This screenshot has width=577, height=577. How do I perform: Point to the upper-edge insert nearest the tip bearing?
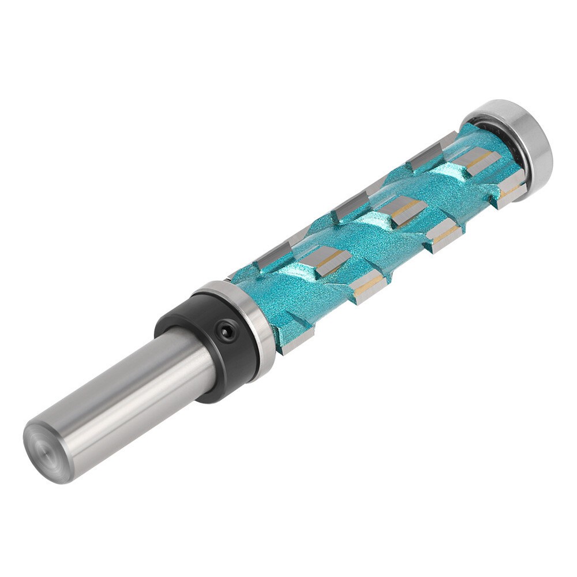tap(430, 147)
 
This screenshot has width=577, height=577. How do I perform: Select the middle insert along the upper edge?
tap(352, 202)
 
